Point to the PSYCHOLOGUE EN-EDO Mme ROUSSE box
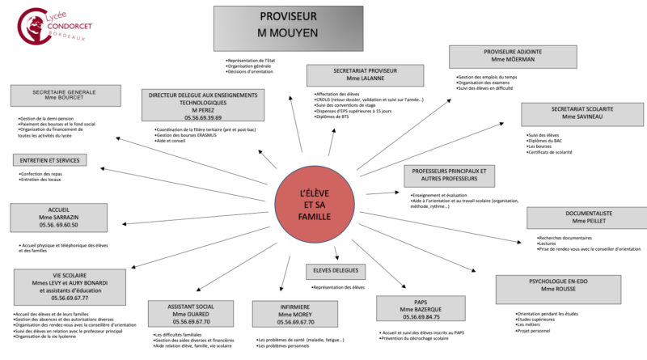pos(557,289)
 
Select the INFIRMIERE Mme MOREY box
pos(294,313)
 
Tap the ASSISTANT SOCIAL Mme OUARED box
pos(190,313)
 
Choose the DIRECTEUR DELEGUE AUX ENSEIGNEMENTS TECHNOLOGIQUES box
pos(191,105)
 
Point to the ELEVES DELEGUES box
pos(335,271)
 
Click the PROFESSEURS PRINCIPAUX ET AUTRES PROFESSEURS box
pos(449,176)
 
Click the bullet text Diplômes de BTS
pos(333,117)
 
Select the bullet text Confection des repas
pos(44,173)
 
